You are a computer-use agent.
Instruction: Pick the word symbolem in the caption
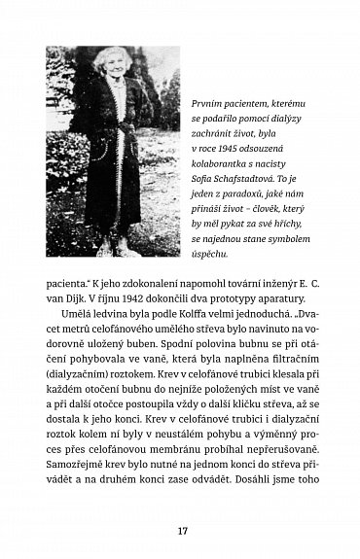point(284,238)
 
